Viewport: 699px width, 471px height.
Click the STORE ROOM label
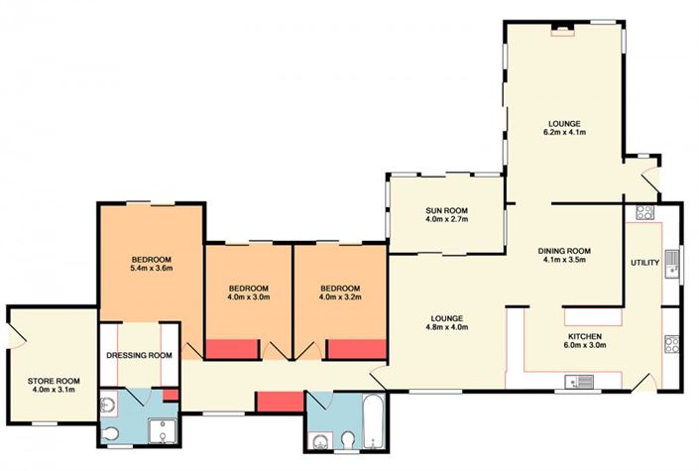(x=54, y=381)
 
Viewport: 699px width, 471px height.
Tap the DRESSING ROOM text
(x=139, y=355)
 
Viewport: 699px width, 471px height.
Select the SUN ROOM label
(x=447, y=210)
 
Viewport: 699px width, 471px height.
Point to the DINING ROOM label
(x=564, y=251)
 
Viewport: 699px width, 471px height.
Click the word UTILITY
(x=644, y=263)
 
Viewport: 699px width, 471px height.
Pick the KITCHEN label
(x=585, y=336)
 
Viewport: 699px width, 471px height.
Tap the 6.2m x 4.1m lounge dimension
(x=564, y=132)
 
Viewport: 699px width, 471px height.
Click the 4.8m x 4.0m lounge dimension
(x=447, y=327)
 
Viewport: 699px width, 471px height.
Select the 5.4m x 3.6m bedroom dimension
(x=151, y=268)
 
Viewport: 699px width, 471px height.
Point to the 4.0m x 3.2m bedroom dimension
(x=340, y=296)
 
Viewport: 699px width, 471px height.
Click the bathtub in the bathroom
(x=373, y=420)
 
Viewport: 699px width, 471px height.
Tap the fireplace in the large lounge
(x=562, y=31)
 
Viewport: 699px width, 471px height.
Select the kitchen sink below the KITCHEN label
(x=579, y=382)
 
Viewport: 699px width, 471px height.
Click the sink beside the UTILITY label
(x=671, y=264)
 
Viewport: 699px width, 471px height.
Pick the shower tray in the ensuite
(x=163, y=431)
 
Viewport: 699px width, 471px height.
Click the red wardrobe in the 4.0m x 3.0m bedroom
(x=232, y=349)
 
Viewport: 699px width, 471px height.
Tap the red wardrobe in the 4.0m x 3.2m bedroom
(x=357, y=349)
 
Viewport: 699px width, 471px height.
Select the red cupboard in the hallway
(x=281, y=402)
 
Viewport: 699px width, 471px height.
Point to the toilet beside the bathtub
(x=347, y=440)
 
